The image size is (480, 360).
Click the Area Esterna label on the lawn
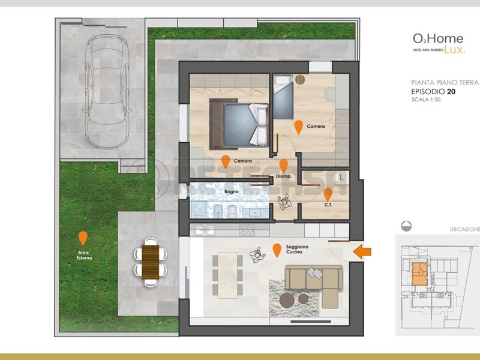(x=84, y=255)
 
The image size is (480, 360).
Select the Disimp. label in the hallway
(x=283, y=176)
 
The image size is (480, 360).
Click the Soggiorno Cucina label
(x=297, y=250)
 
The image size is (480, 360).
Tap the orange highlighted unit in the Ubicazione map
(x=420, y=274)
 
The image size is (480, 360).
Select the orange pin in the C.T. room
(x=328, y=194)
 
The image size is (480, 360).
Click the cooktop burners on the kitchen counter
(x=247, y=229)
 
